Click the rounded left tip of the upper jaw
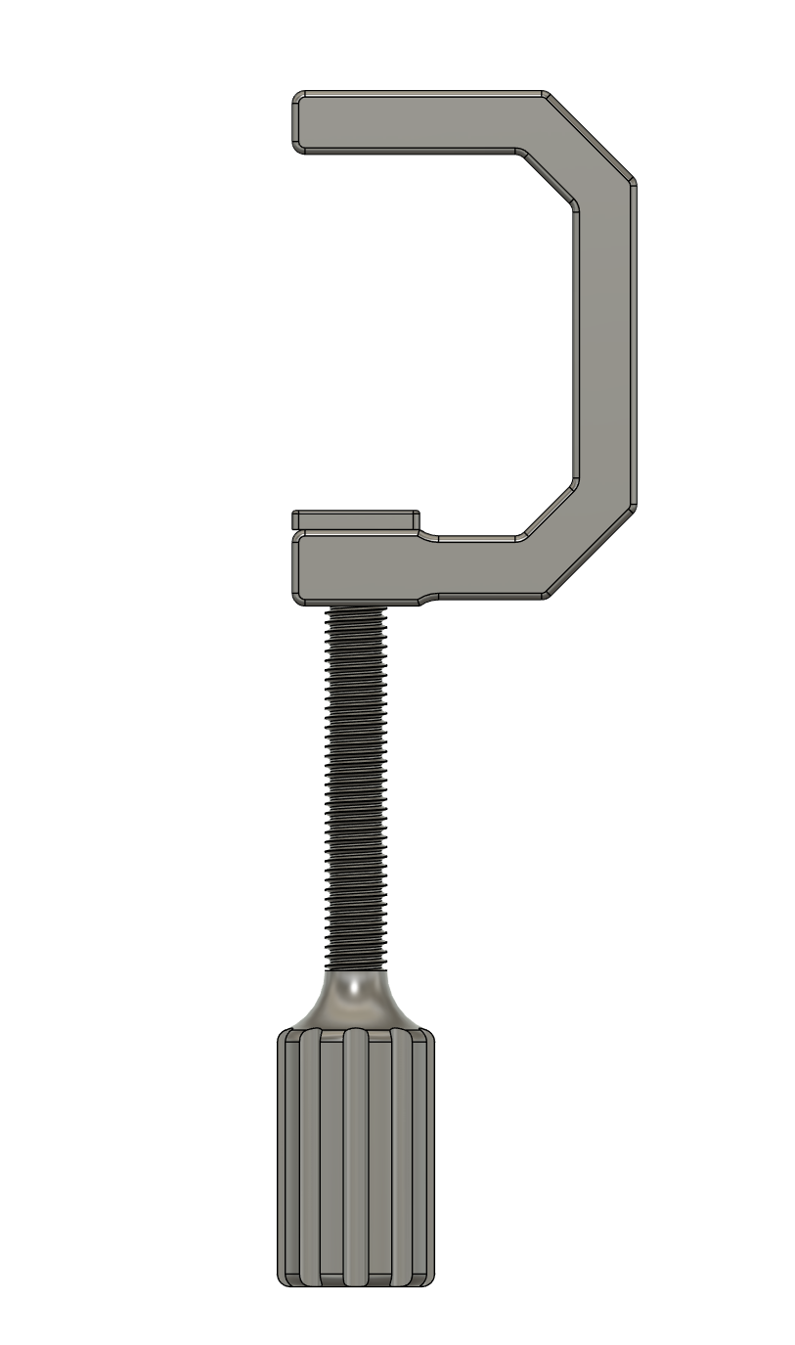point(298,122)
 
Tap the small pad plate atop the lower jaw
point(356,519)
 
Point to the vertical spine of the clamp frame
point(604,342)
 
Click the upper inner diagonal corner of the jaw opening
point(549,178)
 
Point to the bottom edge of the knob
point(355,1283)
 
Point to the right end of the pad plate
point(416,519)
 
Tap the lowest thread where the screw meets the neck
point(356,965)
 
